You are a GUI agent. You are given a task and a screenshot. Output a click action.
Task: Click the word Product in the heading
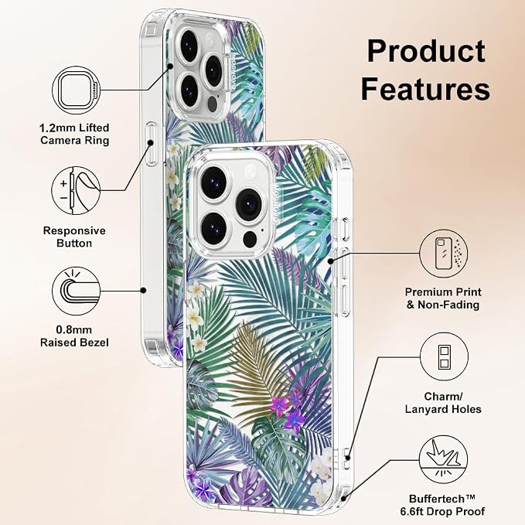426,51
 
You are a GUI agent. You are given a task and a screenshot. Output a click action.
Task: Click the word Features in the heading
425,89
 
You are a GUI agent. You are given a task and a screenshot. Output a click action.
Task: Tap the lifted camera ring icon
77,90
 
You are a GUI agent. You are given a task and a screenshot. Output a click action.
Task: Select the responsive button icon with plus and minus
76,191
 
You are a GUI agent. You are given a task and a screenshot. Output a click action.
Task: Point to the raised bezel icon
77,291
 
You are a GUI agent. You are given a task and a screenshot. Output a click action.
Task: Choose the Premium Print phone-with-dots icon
444,254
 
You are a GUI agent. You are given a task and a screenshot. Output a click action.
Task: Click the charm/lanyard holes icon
444,356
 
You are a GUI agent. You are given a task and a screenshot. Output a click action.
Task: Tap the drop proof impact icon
443,459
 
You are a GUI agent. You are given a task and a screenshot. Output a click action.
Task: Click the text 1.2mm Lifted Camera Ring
75,134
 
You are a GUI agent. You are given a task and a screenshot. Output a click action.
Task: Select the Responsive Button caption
74,237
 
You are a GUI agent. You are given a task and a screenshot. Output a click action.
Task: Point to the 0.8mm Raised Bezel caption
74,336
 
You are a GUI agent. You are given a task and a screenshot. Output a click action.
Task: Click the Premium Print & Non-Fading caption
443,298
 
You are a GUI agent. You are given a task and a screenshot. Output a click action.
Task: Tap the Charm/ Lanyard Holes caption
443,403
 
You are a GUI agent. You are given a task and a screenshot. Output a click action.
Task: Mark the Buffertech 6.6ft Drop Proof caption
442,505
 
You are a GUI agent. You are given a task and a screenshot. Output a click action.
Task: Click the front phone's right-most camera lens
248,204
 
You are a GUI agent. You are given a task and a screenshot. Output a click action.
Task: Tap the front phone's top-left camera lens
214,180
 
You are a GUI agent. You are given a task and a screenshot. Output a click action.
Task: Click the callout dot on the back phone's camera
170,66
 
